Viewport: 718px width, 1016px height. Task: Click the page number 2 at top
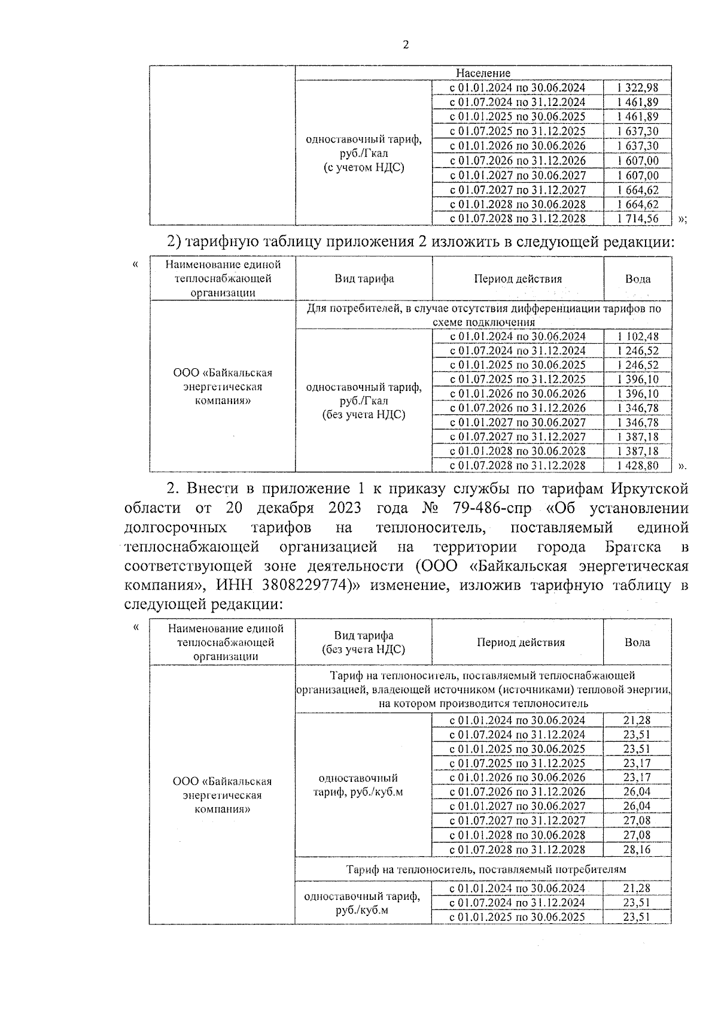coord(406,46)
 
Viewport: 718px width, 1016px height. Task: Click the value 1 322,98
coord(637,88)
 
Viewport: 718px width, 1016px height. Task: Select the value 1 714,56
coord(637,219)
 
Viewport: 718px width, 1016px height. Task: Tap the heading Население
coord(483,73)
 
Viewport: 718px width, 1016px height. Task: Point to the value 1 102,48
coord(637,336)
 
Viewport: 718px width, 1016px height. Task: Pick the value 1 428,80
coord(637,466)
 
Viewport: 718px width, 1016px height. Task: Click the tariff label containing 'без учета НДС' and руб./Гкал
coord(363,401)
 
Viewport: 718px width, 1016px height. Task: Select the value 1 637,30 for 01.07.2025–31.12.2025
coord(637,132)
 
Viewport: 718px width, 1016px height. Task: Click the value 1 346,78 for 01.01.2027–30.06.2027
coord(637,423)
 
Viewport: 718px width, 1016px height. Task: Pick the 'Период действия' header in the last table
coord(520,642)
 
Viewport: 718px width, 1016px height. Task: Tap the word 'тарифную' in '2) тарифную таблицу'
coord(222,242)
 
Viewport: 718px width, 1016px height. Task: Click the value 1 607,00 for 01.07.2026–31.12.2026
coord(637,161)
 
